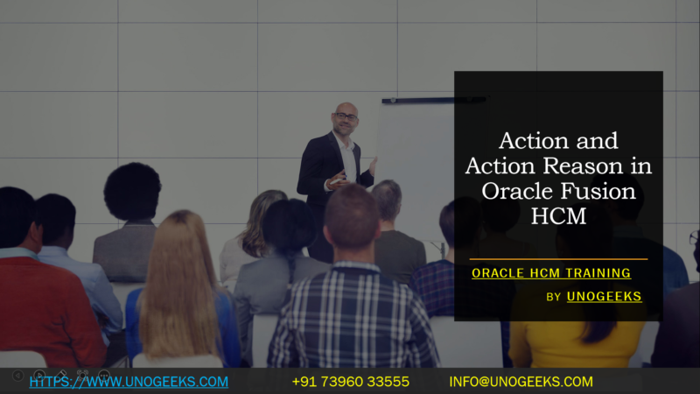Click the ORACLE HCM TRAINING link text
551,273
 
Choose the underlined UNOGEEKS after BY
604,297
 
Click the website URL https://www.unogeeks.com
129,382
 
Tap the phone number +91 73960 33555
350,382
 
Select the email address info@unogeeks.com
521,382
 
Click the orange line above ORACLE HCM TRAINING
558,259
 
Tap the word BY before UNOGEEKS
553,298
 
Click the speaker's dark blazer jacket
315,171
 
